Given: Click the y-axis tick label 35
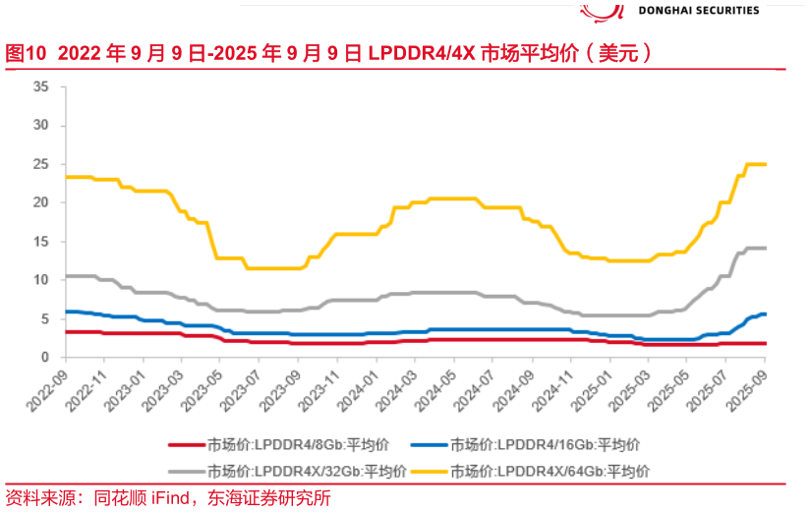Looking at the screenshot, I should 41,86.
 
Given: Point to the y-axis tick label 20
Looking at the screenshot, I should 41,202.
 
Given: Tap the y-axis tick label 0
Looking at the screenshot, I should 45,358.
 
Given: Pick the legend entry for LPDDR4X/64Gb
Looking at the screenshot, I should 554,471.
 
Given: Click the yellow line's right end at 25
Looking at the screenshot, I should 765,164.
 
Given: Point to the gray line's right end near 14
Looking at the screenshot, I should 765,248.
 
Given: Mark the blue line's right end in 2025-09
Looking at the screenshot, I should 765,314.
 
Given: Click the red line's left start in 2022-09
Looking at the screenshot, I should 66,332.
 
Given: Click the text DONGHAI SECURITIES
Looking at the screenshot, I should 699,10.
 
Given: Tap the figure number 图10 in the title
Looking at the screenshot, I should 26,53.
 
